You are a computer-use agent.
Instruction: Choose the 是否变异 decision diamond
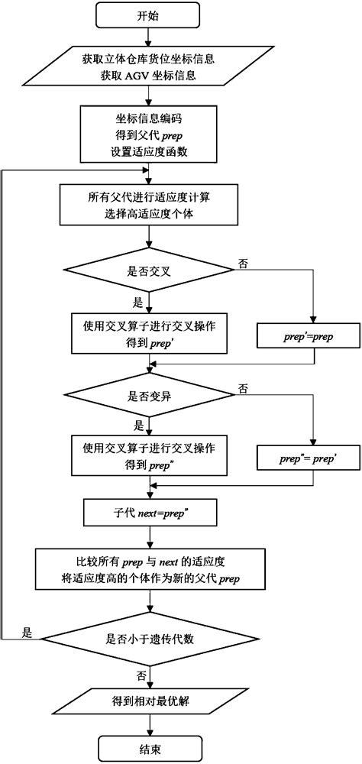coord(150,396)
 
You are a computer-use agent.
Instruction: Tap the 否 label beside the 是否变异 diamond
coord(243,389)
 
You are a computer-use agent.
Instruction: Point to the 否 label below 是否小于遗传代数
coord(141,675)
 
